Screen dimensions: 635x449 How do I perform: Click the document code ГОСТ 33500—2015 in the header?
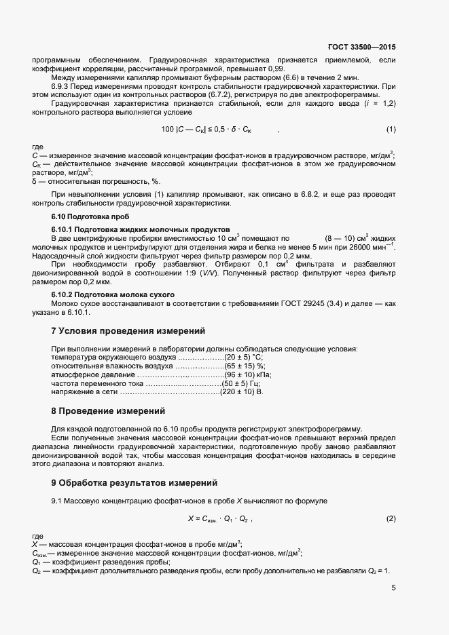click(x=361, y=47)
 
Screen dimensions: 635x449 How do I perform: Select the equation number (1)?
click(x=391, y=129)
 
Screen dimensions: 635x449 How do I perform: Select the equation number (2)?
click(x=391, y=519)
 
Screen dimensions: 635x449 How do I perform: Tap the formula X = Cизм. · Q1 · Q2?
click(x=219, y=519)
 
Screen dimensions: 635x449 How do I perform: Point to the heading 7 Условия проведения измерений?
click(x=128, y=331)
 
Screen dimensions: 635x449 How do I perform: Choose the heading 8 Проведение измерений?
click(x=107, y=411)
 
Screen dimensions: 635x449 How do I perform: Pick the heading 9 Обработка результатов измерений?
click(x=134, y=483)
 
